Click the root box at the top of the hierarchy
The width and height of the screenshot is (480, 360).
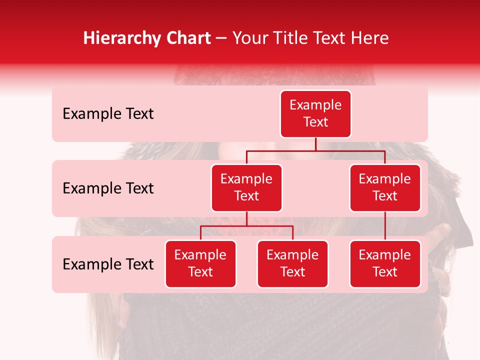315,113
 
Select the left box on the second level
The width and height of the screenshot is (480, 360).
246,187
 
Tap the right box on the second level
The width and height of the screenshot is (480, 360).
385,187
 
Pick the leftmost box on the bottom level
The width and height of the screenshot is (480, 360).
200,263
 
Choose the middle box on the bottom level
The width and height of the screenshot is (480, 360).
292,263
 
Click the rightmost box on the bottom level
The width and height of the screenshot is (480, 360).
385,263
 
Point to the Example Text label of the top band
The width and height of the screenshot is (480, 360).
108,114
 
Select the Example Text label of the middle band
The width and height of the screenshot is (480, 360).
108,188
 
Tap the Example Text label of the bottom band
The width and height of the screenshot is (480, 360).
108,264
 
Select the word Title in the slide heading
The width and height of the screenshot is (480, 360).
286,38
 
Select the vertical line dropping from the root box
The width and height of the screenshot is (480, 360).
315,144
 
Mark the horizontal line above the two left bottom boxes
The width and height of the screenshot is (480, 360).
246,226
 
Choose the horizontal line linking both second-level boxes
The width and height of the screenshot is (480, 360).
315,150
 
